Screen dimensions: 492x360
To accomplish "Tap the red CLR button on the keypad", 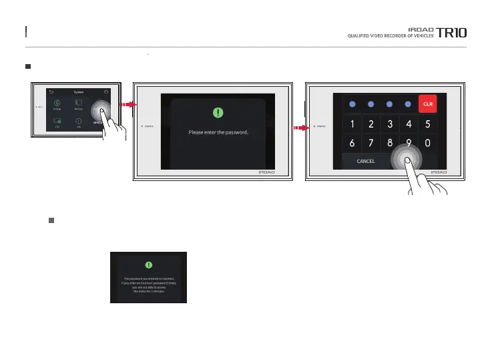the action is [x=427, y=104].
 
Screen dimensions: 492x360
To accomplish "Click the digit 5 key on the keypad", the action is [x=427, y=124].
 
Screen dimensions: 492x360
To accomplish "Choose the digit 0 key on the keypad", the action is [x=427, y=143].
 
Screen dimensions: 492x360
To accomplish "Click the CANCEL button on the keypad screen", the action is [x=366, y=161].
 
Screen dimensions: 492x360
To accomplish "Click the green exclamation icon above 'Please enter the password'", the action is [x=218, y=113].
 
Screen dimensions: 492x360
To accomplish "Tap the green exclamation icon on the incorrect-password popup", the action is [x=148, y=264].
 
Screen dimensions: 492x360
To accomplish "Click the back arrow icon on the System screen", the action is [x=51, y=92].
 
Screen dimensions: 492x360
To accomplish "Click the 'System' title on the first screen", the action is [x=79, y=92].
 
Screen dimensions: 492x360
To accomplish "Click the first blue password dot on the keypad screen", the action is [x=351, y=104].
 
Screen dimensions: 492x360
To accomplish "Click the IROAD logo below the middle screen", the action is [x=269, y=172].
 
